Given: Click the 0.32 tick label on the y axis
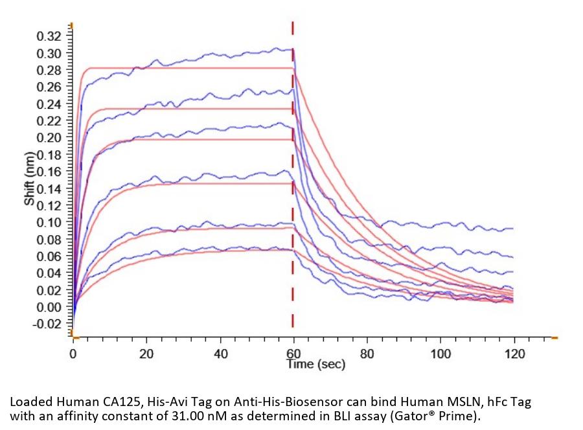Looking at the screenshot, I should [51, 36].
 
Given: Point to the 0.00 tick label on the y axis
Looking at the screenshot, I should [51, 307].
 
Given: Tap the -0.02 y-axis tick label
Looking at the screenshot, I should [49, 324].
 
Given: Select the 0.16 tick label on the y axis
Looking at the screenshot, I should [51, 172].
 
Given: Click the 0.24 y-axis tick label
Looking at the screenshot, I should [51, 104].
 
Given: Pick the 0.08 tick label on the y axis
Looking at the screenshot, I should [51, 240].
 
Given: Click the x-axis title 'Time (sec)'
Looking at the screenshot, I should [316, 365].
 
